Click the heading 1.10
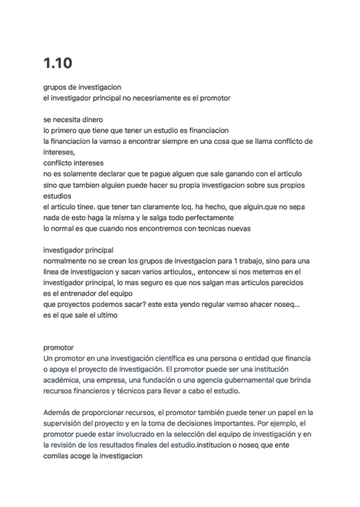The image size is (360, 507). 58,63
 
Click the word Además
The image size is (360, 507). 58,413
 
